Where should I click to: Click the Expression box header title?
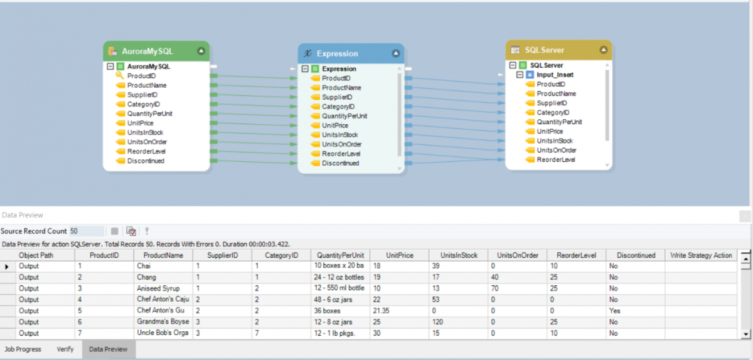coord(337,54)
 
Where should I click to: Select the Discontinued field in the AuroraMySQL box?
coord(146,161)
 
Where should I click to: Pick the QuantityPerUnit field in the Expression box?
coord(344,116)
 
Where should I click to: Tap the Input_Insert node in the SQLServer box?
coord(555,75)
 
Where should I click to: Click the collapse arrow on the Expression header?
coord(396,54)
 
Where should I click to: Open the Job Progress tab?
coord(23,349)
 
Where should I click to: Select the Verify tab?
coord(65,349)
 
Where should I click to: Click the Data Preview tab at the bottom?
coord(108,349)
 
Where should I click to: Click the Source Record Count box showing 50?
coord(86,231)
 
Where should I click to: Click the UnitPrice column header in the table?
coord(399,255)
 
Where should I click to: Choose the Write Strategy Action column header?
coord(701,255)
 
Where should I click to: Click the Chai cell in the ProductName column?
coord(144,266)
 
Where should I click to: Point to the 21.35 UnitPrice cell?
coord(382,311)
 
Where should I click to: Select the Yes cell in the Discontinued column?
coord(614,311)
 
